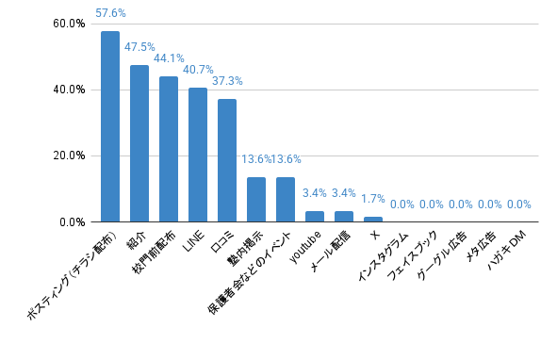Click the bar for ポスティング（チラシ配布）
point(110,126)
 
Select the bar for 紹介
point(139,143)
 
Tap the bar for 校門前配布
point(169,149)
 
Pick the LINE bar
point(198,155)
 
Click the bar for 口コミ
point(227,160)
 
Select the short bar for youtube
point(315,217)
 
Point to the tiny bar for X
point(373,220)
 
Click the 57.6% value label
point(110,13)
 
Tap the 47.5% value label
point(139,47)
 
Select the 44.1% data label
point(169,58)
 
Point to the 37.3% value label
point(227,81)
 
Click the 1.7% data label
point(373,199)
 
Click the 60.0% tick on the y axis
point(69,24)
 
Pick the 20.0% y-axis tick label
point(69,155)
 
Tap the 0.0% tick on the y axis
point(73,222)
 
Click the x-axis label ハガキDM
point(507,250)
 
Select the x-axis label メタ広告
point(481,247)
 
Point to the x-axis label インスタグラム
point(384,256)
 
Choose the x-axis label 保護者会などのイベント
point(250,272)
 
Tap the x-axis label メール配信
point(331,251)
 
